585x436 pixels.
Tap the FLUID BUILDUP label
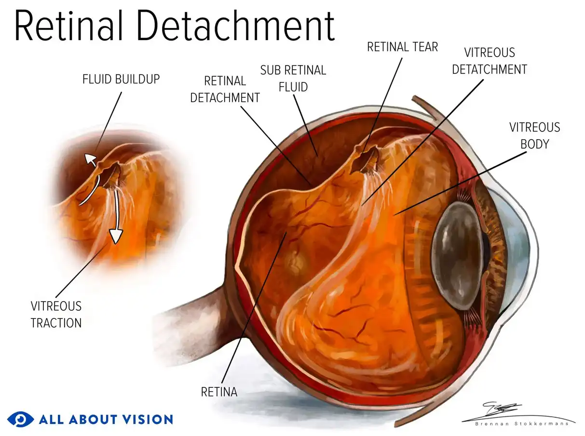pos(121,79)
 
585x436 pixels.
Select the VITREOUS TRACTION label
pos(56,314)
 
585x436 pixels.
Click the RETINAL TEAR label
pos(402,47)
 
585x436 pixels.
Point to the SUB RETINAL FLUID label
pos(293,78)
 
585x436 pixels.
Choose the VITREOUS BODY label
pos(534,135)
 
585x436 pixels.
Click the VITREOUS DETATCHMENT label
pos(489,61)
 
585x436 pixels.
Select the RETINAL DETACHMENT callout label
pos(225,89)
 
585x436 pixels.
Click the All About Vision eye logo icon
pos(20,419)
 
